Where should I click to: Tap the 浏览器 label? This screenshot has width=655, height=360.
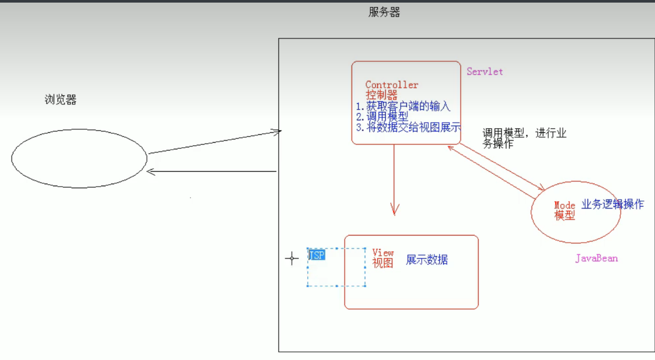click(61, 100)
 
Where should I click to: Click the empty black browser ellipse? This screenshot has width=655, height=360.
click(79, 159)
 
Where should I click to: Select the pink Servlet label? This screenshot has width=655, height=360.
click(485, 72)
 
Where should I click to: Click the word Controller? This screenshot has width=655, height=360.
click(392, 85)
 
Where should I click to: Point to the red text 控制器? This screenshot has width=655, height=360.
click(381, 95)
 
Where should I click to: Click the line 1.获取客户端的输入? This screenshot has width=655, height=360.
click(403, 106)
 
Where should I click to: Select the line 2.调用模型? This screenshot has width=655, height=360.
click(382, 117)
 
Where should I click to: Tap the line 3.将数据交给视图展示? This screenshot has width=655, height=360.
click(408, 128)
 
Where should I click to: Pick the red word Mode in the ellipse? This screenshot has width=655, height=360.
click(565, 206)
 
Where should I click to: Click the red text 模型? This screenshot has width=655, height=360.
click(565, 216)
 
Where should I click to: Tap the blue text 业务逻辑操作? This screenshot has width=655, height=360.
click(612, 204)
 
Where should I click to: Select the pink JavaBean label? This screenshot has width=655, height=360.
click(596, 258)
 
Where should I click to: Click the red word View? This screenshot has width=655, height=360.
click(383, 253)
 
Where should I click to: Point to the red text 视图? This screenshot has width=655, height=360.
click(383, 263)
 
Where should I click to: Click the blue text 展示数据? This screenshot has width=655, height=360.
click(427, 260)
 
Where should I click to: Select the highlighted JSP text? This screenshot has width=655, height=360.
click(316, 255)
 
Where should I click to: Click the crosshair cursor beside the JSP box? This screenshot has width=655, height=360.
click(292, 258)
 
